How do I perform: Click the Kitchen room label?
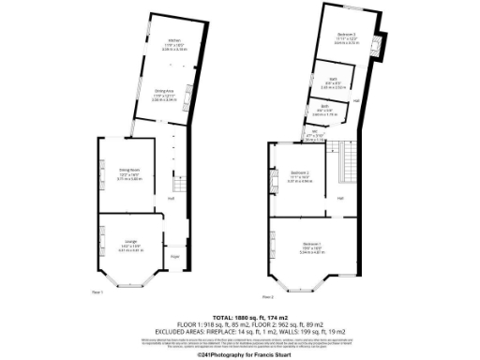coord(173,41)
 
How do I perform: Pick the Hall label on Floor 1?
coord(172,198)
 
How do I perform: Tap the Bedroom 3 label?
coord(347,36)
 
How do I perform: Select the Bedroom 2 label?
coord(300,173)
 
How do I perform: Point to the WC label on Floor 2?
coord(302,131)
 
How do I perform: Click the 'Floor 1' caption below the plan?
coord(97,292)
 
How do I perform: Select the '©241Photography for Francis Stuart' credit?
coord(240,354)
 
